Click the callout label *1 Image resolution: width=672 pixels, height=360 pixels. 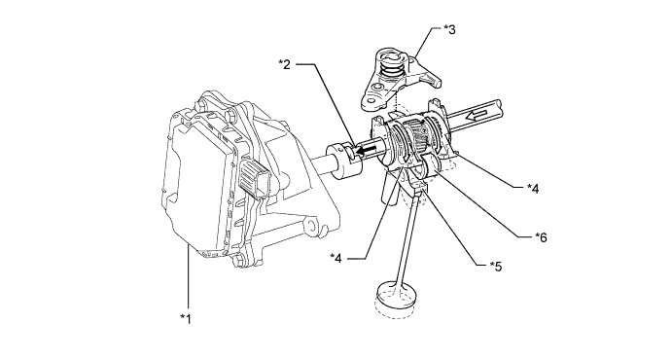(x=186, y=319)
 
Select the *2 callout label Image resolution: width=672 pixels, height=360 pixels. (x=284, y=64)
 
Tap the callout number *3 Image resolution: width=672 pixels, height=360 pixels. (x=449, y=29)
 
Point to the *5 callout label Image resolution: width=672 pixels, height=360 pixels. (x=495, y=267)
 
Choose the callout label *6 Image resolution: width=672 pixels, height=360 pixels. (x=541, y=237)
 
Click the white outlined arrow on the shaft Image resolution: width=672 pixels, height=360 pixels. (x=477, y=115)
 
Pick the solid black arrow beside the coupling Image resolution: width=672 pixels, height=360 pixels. (x=366, y=151)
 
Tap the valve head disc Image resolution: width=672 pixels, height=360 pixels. (x=395, y=295)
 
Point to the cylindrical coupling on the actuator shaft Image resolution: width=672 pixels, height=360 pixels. (x=344, y=159)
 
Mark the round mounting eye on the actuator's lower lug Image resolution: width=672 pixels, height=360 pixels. (x=310, y=226)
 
